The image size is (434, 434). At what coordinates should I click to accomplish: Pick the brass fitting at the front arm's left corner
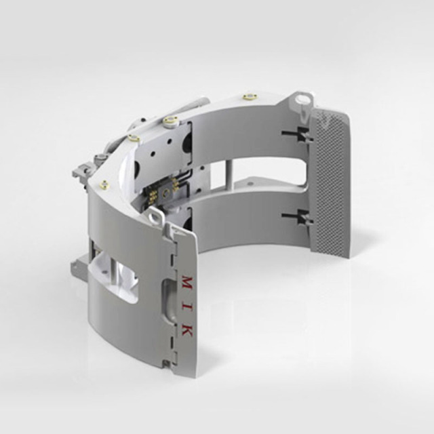click(104, 183)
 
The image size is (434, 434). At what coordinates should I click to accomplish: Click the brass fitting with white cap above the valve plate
click(169, 122)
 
